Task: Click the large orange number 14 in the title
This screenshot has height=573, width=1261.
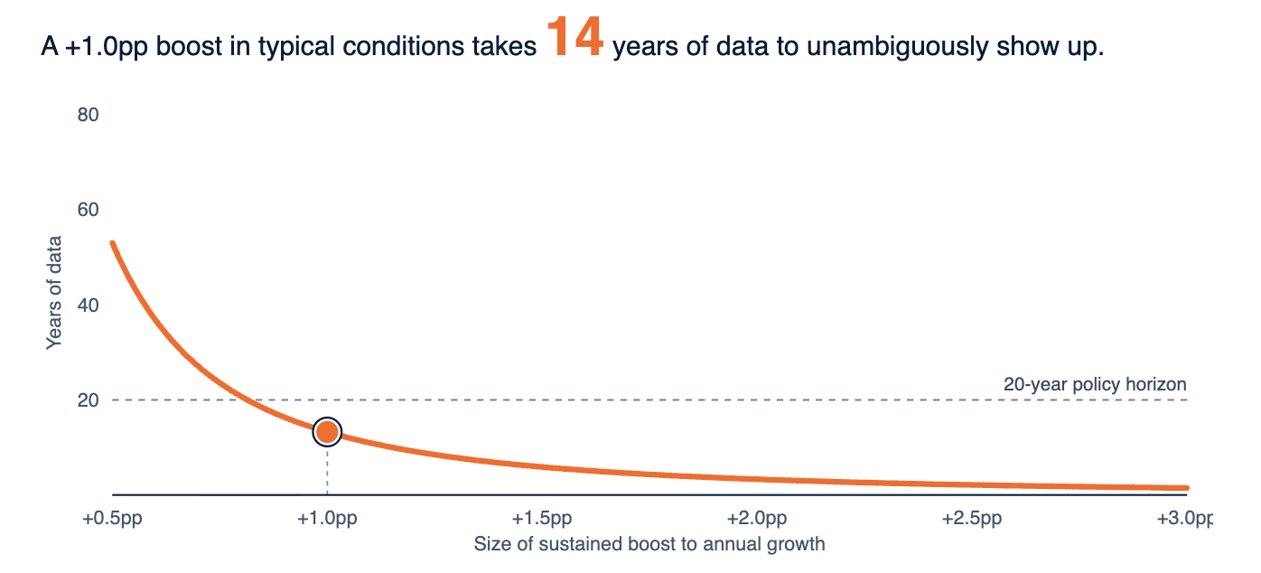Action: [x=574, y=37]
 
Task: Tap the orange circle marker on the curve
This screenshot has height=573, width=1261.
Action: [x=327, y=432]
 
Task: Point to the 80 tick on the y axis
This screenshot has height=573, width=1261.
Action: [x=88, y=115]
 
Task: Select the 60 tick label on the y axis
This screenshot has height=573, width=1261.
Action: [x=88, y=210]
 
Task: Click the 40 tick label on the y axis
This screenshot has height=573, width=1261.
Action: [x=88, y=305]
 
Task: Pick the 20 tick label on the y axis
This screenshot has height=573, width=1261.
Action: [x=88, y=400]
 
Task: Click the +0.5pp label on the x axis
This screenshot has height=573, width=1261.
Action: [x=112, y=519]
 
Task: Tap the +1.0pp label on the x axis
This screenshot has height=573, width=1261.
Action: [x=327, y=519]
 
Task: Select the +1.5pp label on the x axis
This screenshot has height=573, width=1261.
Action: [x=542, y=519]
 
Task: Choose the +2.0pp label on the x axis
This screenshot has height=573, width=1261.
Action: [x=757, y=519]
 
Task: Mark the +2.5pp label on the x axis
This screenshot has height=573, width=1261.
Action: [x=972, y=519]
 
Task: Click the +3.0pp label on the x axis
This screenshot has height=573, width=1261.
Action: [x=1185, y=519]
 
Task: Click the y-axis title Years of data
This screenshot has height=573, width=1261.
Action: [x=54, y=293]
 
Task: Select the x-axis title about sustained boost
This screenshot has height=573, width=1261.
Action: [x=649, y=544]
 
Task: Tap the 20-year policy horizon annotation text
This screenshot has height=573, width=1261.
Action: [x=1095, y=384]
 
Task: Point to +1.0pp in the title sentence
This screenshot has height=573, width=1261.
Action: [x=107, y=47]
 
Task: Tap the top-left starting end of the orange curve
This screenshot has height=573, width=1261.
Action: [x=113, y=243]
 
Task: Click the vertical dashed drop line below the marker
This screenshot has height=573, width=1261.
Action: [x=327, y=471]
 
